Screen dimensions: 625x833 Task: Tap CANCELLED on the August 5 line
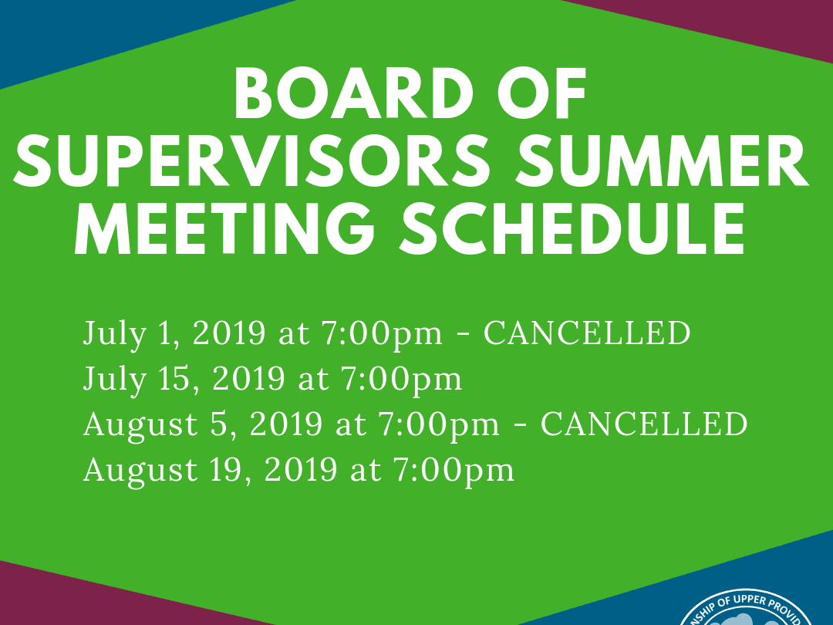[644, 424]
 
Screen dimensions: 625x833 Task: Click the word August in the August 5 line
[130, 425]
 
